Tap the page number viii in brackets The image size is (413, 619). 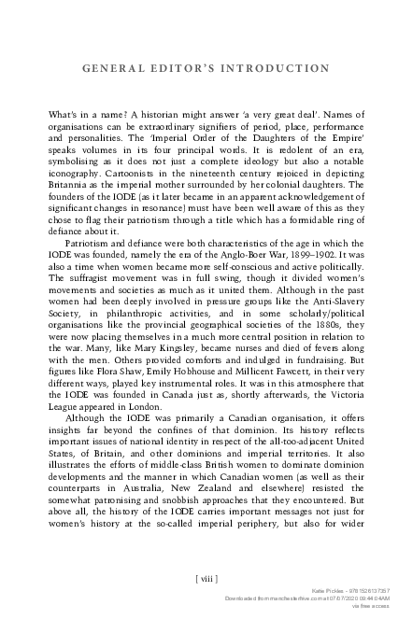tap(207, 579)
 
